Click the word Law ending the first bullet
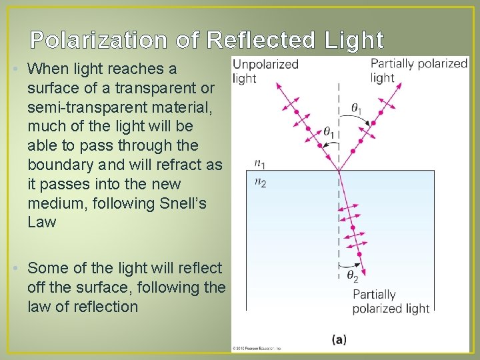[x=42, y=222]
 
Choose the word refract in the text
[x=181, y=164]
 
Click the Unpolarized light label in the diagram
[x=265, y=71]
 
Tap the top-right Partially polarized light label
[x=419, y=71]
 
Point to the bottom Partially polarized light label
[x=391, y=301]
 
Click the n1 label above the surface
[x=260, y=163]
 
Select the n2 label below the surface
[x=260, y=183]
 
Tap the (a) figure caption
[x=339, y=339]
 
